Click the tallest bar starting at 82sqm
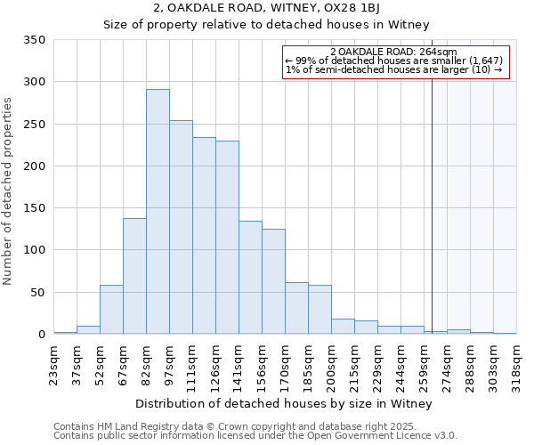(x=158, y=212)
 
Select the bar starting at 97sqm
(x=181, y=227)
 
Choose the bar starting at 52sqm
(x=111, y=310)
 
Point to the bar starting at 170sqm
(x=296, y=308)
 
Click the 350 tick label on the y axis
(x=34, y=40)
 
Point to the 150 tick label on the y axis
(x=34, y=208)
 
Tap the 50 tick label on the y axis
(x=37, y=292)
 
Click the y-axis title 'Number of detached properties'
(x=8, y=191)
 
